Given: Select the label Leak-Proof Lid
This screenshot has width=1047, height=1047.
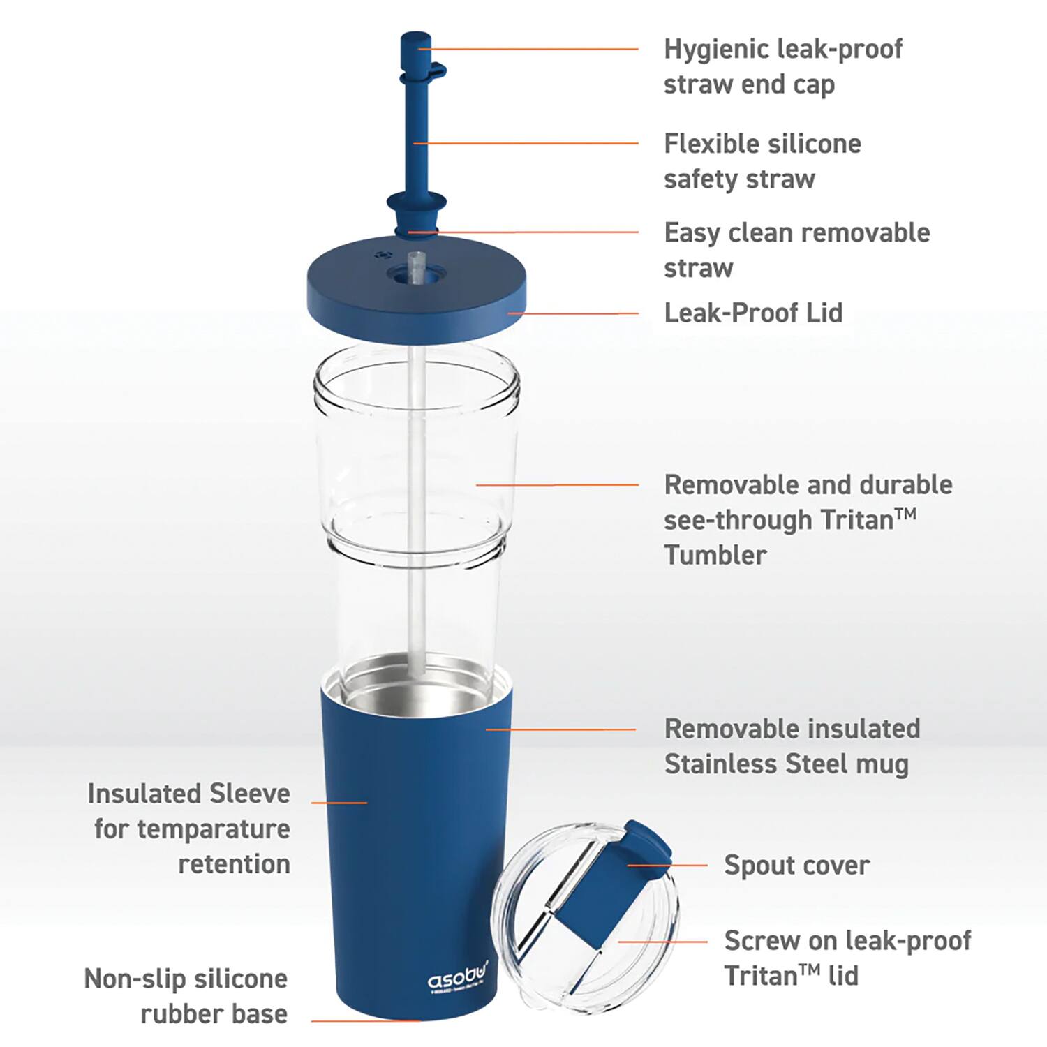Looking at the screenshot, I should tap(753, 313).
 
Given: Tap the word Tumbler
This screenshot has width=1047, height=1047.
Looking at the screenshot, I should tap(715, 556).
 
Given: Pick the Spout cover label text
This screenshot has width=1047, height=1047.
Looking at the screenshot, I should tap(796, 866).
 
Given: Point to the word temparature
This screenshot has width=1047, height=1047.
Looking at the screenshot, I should tap(213, 829).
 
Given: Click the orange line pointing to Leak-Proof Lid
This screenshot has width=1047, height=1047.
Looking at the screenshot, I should tap(572, 313).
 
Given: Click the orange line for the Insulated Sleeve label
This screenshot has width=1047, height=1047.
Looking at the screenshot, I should tap(339, 803).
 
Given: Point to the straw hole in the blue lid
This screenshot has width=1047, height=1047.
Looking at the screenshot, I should tap(416, 274).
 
